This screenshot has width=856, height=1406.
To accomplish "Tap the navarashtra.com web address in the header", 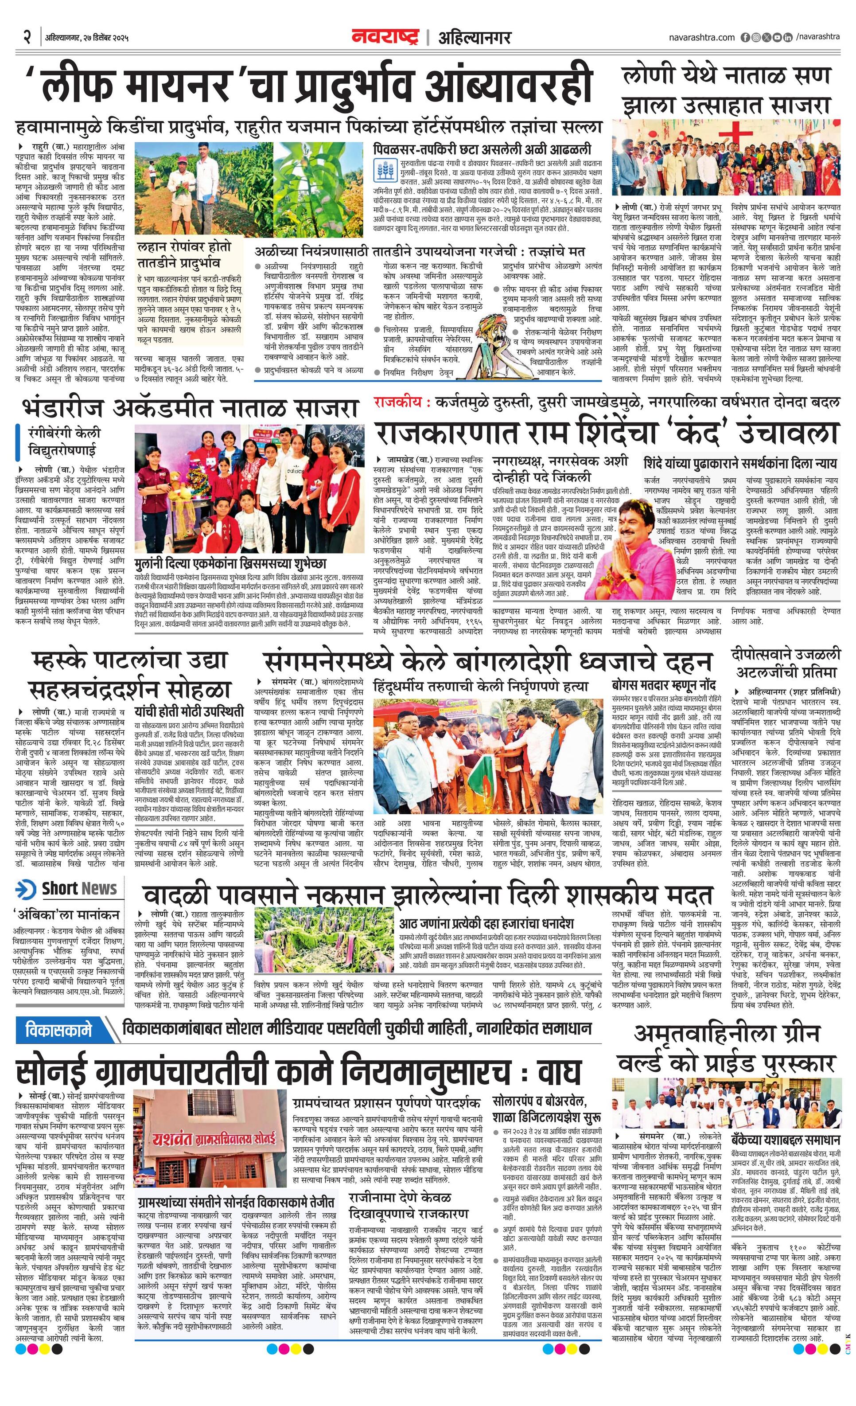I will [702, 37].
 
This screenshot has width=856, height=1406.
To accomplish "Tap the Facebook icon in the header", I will [745, 37].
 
